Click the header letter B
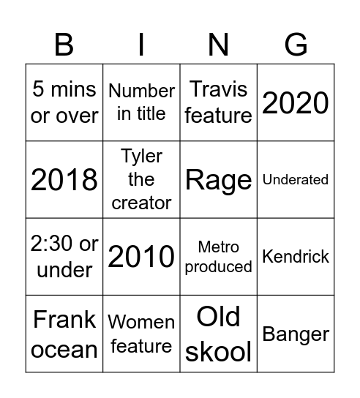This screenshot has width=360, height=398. click(x=64, y=45)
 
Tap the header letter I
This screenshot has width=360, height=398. click(x=141, y=45)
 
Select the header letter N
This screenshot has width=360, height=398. click(x=218, y=45)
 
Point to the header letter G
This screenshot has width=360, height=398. click(x=296, y=45)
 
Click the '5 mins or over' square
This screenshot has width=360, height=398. click(x=64, y=102)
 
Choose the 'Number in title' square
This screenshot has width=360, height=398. click(x=141, y=102)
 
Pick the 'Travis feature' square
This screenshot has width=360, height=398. click(x=218, y=102)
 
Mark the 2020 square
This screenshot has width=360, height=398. click(x=296, y=102)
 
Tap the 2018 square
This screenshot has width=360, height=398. click(x=64, y=179)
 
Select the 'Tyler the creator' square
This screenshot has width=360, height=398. click(x=141, y=179)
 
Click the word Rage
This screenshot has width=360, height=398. click(x=218, y=179)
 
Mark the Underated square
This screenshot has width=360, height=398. click(x=296, y=179)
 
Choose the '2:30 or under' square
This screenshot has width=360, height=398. click(x=64, y=257)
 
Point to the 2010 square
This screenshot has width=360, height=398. click(x=141, y=257)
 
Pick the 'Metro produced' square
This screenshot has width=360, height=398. click(x=218, y=257)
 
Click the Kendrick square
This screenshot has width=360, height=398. click(x=296, y=257)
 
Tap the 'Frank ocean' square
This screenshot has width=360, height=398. click(x=64, y=334)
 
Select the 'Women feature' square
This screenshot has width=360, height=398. click(x=141, y=334)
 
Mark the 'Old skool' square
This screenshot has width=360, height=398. click(x=218, y=334)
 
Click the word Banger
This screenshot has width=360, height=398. click(x=296, y=334)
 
